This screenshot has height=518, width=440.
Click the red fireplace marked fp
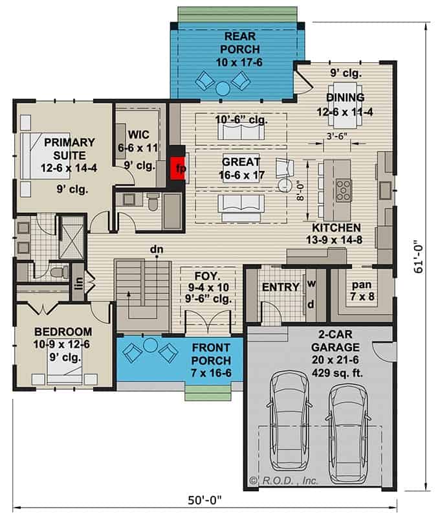click(x=177, y=168)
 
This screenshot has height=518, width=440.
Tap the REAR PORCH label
click(x=240, y=43)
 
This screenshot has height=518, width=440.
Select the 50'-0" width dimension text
click(x=204, y=500)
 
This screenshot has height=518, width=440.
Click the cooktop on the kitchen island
click(x=344, y=190)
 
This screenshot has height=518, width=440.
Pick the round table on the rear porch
click(x=223, y=89)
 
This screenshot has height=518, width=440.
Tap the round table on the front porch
click(x=151, y=345)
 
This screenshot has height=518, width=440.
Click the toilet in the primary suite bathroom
click(x=60, y=272)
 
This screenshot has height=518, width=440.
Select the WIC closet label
click(x=138, y=135)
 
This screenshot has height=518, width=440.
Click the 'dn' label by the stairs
click(x=157, y=249)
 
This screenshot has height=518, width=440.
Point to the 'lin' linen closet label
click(x=79, y=283)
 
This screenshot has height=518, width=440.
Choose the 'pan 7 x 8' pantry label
click(x=362, y=290)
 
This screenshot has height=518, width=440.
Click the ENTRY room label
click(x=281, y=287)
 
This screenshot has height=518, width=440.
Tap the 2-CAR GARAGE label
click(x=335, y=341)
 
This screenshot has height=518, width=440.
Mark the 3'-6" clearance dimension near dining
click(x=336, y=136)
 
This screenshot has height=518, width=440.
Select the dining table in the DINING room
click(x=346, y=104)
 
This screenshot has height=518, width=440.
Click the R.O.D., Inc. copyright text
click(x=284, y=480)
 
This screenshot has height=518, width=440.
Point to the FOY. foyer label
click(x=207, y=276)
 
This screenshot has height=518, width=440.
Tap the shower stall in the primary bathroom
click(x=71, y=237)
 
